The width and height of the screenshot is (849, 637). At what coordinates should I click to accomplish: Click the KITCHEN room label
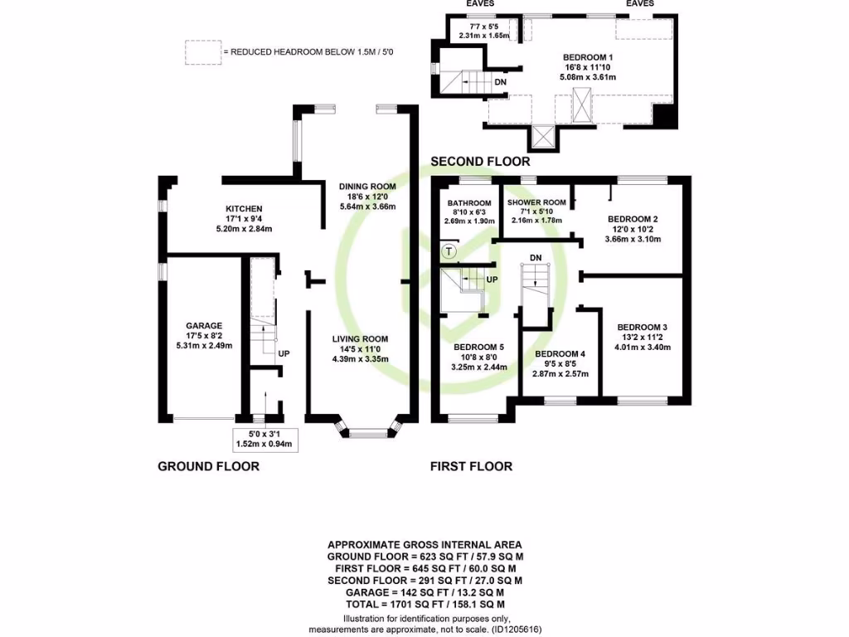pos(245,208)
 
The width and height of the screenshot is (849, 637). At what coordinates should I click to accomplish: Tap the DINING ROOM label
pos(367,186)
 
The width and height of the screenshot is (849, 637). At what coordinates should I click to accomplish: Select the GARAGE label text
pos(204,325)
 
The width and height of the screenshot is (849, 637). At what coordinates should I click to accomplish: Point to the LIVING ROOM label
pos(360,338)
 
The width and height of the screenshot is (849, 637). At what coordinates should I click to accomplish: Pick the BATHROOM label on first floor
pos(469,203)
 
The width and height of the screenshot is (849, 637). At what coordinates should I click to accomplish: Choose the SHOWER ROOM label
pos(536,202)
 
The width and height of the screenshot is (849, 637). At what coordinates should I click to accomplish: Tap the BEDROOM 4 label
pos(560,354)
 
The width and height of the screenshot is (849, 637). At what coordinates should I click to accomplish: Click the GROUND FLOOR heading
pos(208,466)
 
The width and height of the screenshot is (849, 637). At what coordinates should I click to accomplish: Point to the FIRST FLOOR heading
pos(471,466)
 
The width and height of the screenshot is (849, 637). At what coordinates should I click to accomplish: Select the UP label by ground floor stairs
pos(284,353)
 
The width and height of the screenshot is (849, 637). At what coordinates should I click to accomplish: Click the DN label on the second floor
pos(500,82)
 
